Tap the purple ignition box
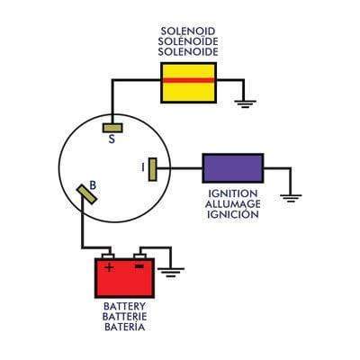pyautogui.click(x=232, y=168)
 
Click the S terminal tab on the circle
pyautogui.click(x=112, y=127)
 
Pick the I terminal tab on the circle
pyautogui.click(x=153, y=168)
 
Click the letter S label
pyautogui.click(x=112, y=139)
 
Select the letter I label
pyautogui.click(x=142, y=167)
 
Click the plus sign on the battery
pyautogui.click(x=109, y=267)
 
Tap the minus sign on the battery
pyautogui.click(x=139, y=266)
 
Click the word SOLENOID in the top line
pyautogui.click(x=188, y=31)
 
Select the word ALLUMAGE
pyautogui.click(x=232, y=204)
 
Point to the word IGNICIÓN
pyautogui.click(x=232, y=214)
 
